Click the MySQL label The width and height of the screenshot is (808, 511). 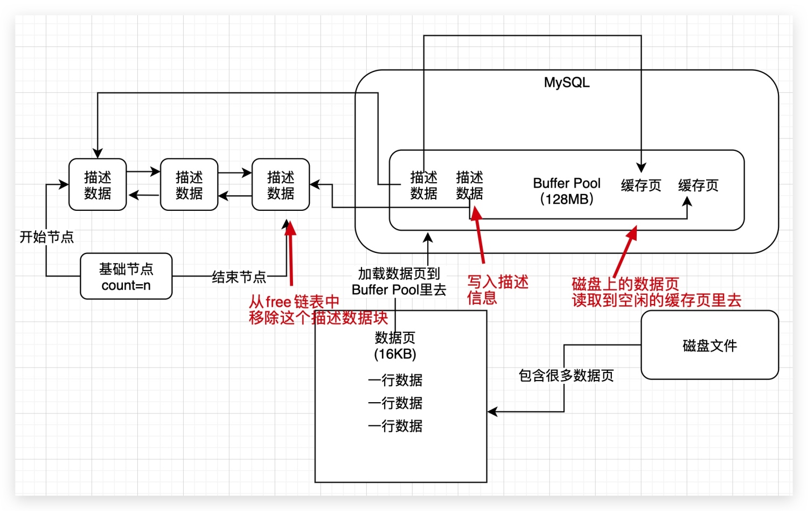coord(567,82)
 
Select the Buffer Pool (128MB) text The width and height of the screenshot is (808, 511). coord(567,191)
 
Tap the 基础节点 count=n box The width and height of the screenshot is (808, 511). coord(126,277)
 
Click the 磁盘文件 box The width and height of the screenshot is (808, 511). coord(709,345)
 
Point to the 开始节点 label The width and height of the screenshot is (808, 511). coord(47,237)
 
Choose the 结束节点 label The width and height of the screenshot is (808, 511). coord(239,277)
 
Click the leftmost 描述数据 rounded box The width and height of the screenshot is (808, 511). coord(97,184)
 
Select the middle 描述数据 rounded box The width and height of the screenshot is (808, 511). coord(189,184)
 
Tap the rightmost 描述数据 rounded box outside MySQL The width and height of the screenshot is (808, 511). coord(281,184)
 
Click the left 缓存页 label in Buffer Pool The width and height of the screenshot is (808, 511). coord(641,185)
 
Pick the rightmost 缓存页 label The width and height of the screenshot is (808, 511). coord(698,185)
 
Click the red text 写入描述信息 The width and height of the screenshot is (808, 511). coord(497,289)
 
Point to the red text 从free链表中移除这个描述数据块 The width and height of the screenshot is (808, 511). coord(318,309)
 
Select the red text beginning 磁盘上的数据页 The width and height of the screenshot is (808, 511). coord(656,292)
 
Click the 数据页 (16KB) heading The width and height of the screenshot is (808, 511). coord(395,346)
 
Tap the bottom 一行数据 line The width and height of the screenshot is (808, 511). coord(395,426)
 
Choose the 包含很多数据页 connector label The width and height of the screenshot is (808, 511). coord(566,375)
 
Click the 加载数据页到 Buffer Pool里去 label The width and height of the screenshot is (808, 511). coord(399,281)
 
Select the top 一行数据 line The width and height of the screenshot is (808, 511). coord(395,380)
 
